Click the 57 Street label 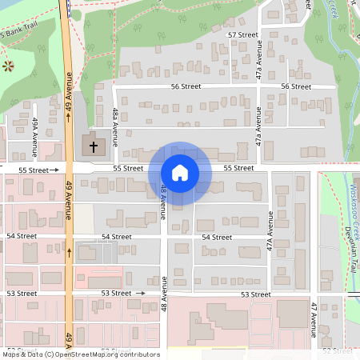click(x=242, y=35)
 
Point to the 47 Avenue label click(x=314, y=318)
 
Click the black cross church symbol click(x=94, y=146)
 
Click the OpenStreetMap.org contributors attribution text click(x=108, y=354)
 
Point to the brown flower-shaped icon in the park click(x=9, y=65)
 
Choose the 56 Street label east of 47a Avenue click(x=296, y=86)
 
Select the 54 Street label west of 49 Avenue click(x=22, y=236)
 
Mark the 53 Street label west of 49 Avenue click(x=22, y=294)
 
